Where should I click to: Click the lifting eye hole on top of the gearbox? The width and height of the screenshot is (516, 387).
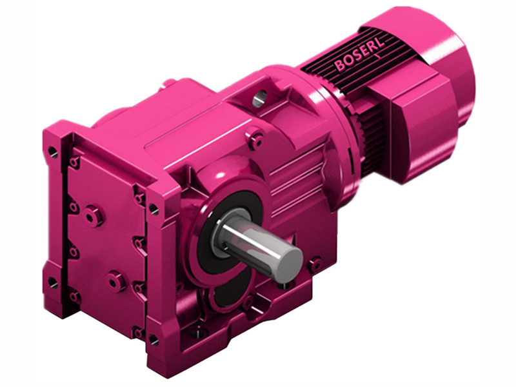[x=259, y=99]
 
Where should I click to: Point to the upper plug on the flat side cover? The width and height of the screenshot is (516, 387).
[x=94, y=214]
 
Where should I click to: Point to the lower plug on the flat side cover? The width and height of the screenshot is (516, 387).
[x=117, y=281]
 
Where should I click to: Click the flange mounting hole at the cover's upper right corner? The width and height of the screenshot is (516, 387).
[x=154, y=208]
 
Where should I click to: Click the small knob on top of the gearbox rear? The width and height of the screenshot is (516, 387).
[x=169, y=83]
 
